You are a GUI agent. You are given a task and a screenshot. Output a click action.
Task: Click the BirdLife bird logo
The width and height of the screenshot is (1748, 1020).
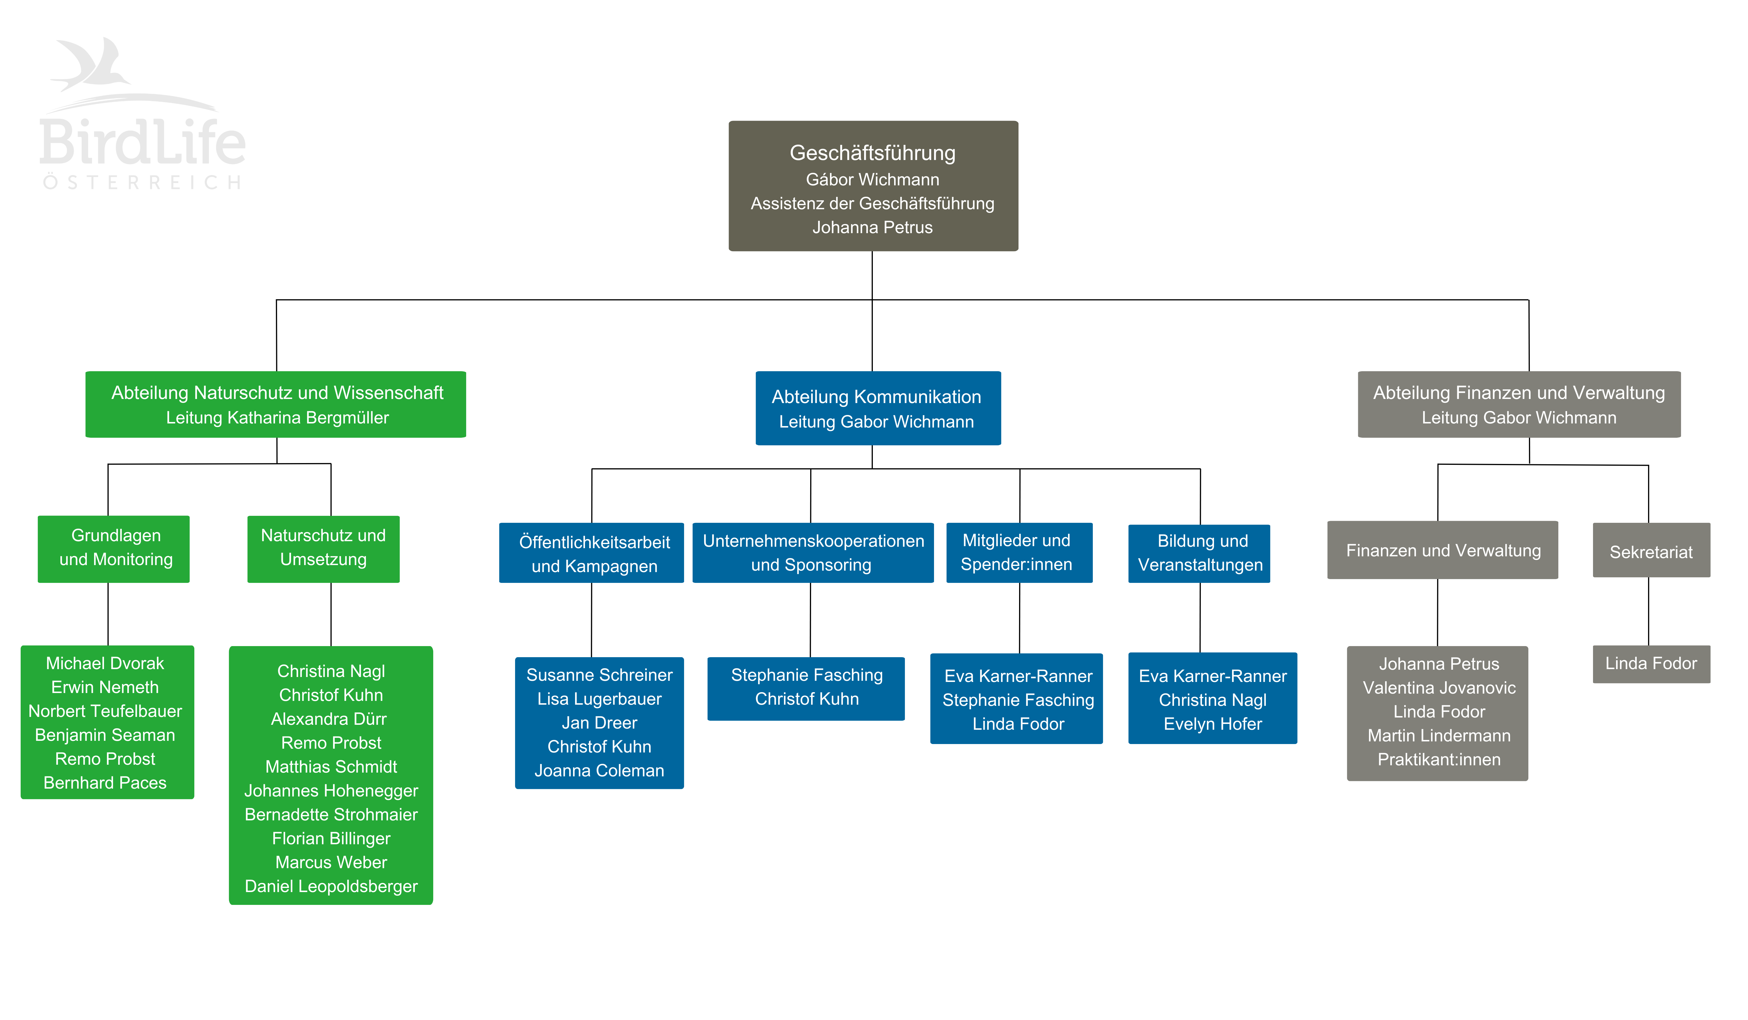[94, 66]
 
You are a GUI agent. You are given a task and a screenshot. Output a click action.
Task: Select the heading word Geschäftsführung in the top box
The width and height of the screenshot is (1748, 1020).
[872, 153]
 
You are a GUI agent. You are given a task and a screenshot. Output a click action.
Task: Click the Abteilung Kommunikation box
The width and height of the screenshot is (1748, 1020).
[877, 408]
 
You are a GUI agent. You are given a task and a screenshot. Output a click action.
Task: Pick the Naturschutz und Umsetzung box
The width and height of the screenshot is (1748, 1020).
[323, 548]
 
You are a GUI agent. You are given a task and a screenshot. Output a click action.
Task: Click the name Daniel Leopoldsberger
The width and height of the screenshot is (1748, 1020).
[331, 886]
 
